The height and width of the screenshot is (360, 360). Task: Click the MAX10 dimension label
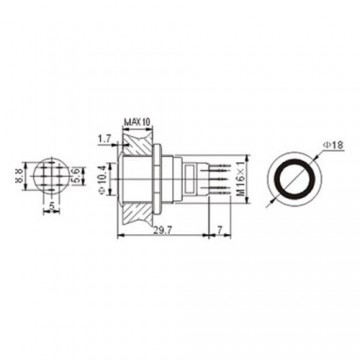click(x=137, y=122)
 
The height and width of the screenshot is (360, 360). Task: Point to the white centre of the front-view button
click(x=289, y=177)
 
